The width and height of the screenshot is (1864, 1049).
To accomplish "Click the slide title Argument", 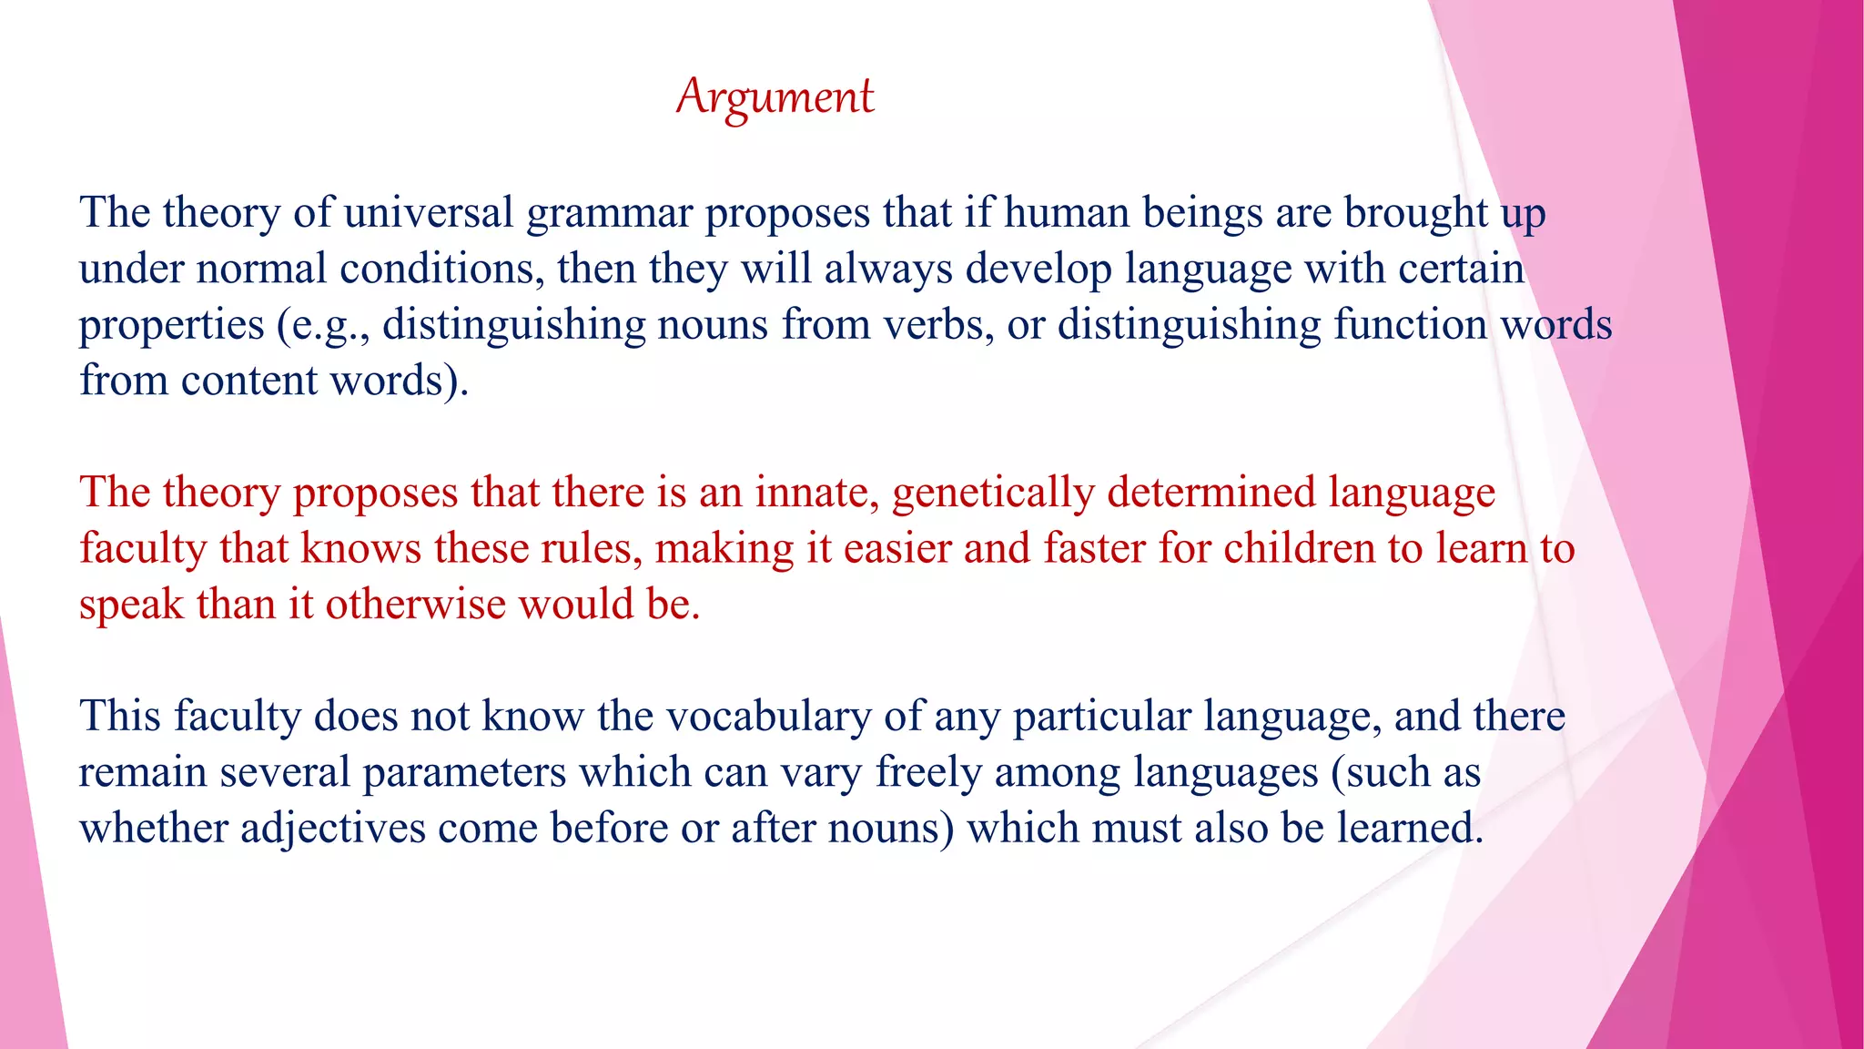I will coord(775,97).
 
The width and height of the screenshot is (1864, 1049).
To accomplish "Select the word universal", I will coord(429,213).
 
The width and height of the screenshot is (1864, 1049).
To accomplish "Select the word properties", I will coord(171,326).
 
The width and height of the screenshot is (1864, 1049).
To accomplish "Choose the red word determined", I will coord(1211,493).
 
